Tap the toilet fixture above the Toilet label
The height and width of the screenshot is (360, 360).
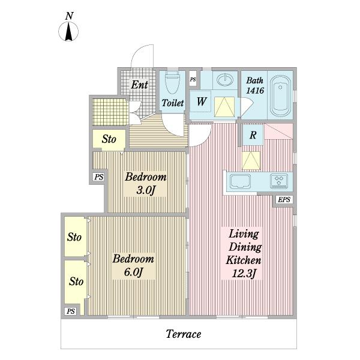click(172, 82)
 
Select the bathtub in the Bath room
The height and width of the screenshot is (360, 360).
click(280, 96)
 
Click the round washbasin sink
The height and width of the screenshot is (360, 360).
click(225, 80)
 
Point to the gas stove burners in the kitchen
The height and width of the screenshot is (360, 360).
click(279, 181)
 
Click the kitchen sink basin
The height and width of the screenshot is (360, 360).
click(241, 181)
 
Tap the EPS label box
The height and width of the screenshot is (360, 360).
click(284, 200)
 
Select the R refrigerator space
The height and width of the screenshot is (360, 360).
click(253, 135)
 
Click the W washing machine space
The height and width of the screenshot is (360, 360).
click(200, 101)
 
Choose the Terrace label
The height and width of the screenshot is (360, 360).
click(184, 334)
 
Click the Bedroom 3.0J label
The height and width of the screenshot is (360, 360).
click(146, 184)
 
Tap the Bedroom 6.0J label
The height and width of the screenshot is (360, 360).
click(133, 265)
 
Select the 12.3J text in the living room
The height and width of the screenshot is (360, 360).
click(244, 274)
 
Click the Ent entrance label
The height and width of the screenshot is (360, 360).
click(139, 85)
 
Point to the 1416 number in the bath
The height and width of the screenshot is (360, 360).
click(255, 91)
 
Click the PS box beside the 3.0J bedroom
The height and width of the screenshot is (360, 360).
click(99, 177)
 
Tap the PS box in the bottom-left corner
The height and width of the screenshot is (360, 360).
click(71, 311)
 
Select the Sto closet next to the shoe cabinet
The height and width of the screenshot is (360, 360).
click(109, 139)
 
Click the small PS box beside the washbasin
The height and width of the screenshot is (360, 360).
click(193, 79)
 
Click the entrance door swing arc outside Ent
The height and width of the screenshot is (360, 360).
click(138, 50)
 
